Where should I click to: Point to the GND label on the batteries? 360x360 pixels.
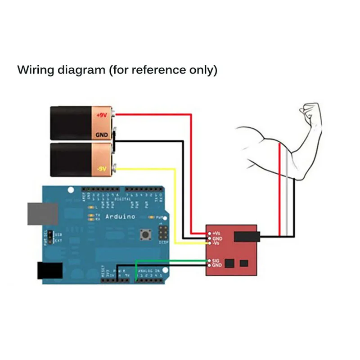click(x=102, y=135)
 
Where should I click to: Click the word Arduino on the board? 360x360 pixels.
click(x=120, y=216)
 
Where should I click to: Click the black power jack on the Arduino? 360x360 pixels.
click(x=49, y=270)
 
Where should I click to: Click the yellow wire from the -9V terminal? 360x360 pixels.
click(x=148, y=169)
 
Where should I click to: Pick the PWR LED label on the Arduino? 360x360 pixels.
click(x=158, y=217)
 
